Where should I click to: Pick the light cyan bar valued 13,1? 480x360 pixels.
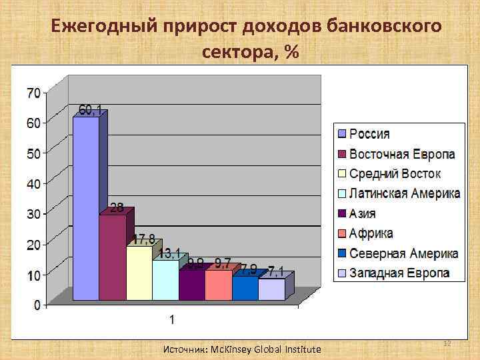point(165,279)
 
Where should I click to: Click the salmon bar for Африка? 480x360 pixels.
point(219,285)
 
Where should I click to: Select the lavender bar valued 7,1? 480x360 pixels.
point(271,289)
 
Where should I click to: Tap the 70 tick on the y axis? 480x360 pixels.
point(33,91)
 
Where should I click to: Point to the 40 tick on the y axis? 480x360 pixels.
point(33,183)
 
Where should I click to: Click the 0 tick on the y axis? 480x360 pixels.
point(37,305)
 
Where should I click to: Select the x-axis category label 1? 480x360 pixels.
point(172,320)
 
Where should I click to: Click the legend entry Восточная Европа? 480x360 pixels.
point(402,154)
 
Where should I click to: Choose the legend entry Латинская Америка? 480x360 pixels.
point(405,193)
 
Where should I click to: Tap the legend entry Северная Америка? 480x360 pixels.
point(403,253)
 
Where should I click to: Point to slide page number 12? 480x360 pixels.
point(447,343)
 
